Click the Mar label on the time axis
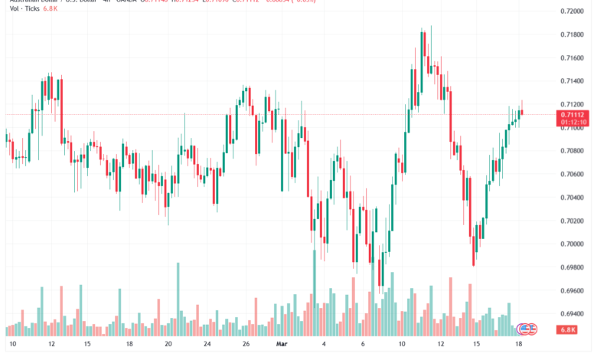pos(281,345)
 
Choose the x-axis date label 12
pos(51,345)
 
